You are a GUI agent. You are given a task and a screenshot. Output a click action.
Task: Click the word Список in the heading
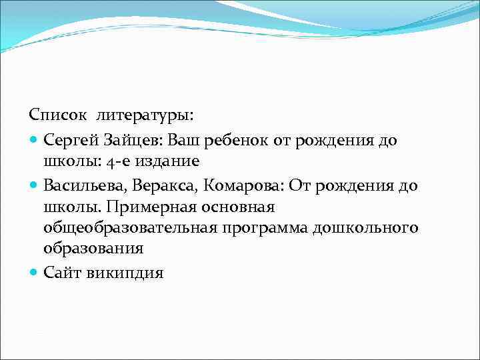[x=57, y=116]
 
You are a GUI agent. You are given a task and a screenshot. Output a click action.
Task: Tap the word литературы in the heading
[x=145, y=116]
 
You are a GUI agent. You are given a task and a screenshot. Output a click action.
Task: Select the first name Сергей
[x=70, y=140]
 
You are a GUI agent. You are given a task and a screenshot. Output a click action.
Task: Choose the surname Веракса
[x=163, y=185]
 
